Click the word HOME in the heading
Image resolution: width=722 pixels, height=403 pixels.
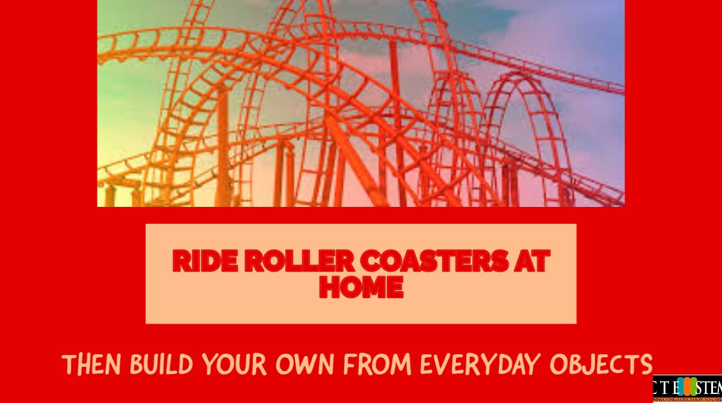pyautogui.click(x=361, y=288)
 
